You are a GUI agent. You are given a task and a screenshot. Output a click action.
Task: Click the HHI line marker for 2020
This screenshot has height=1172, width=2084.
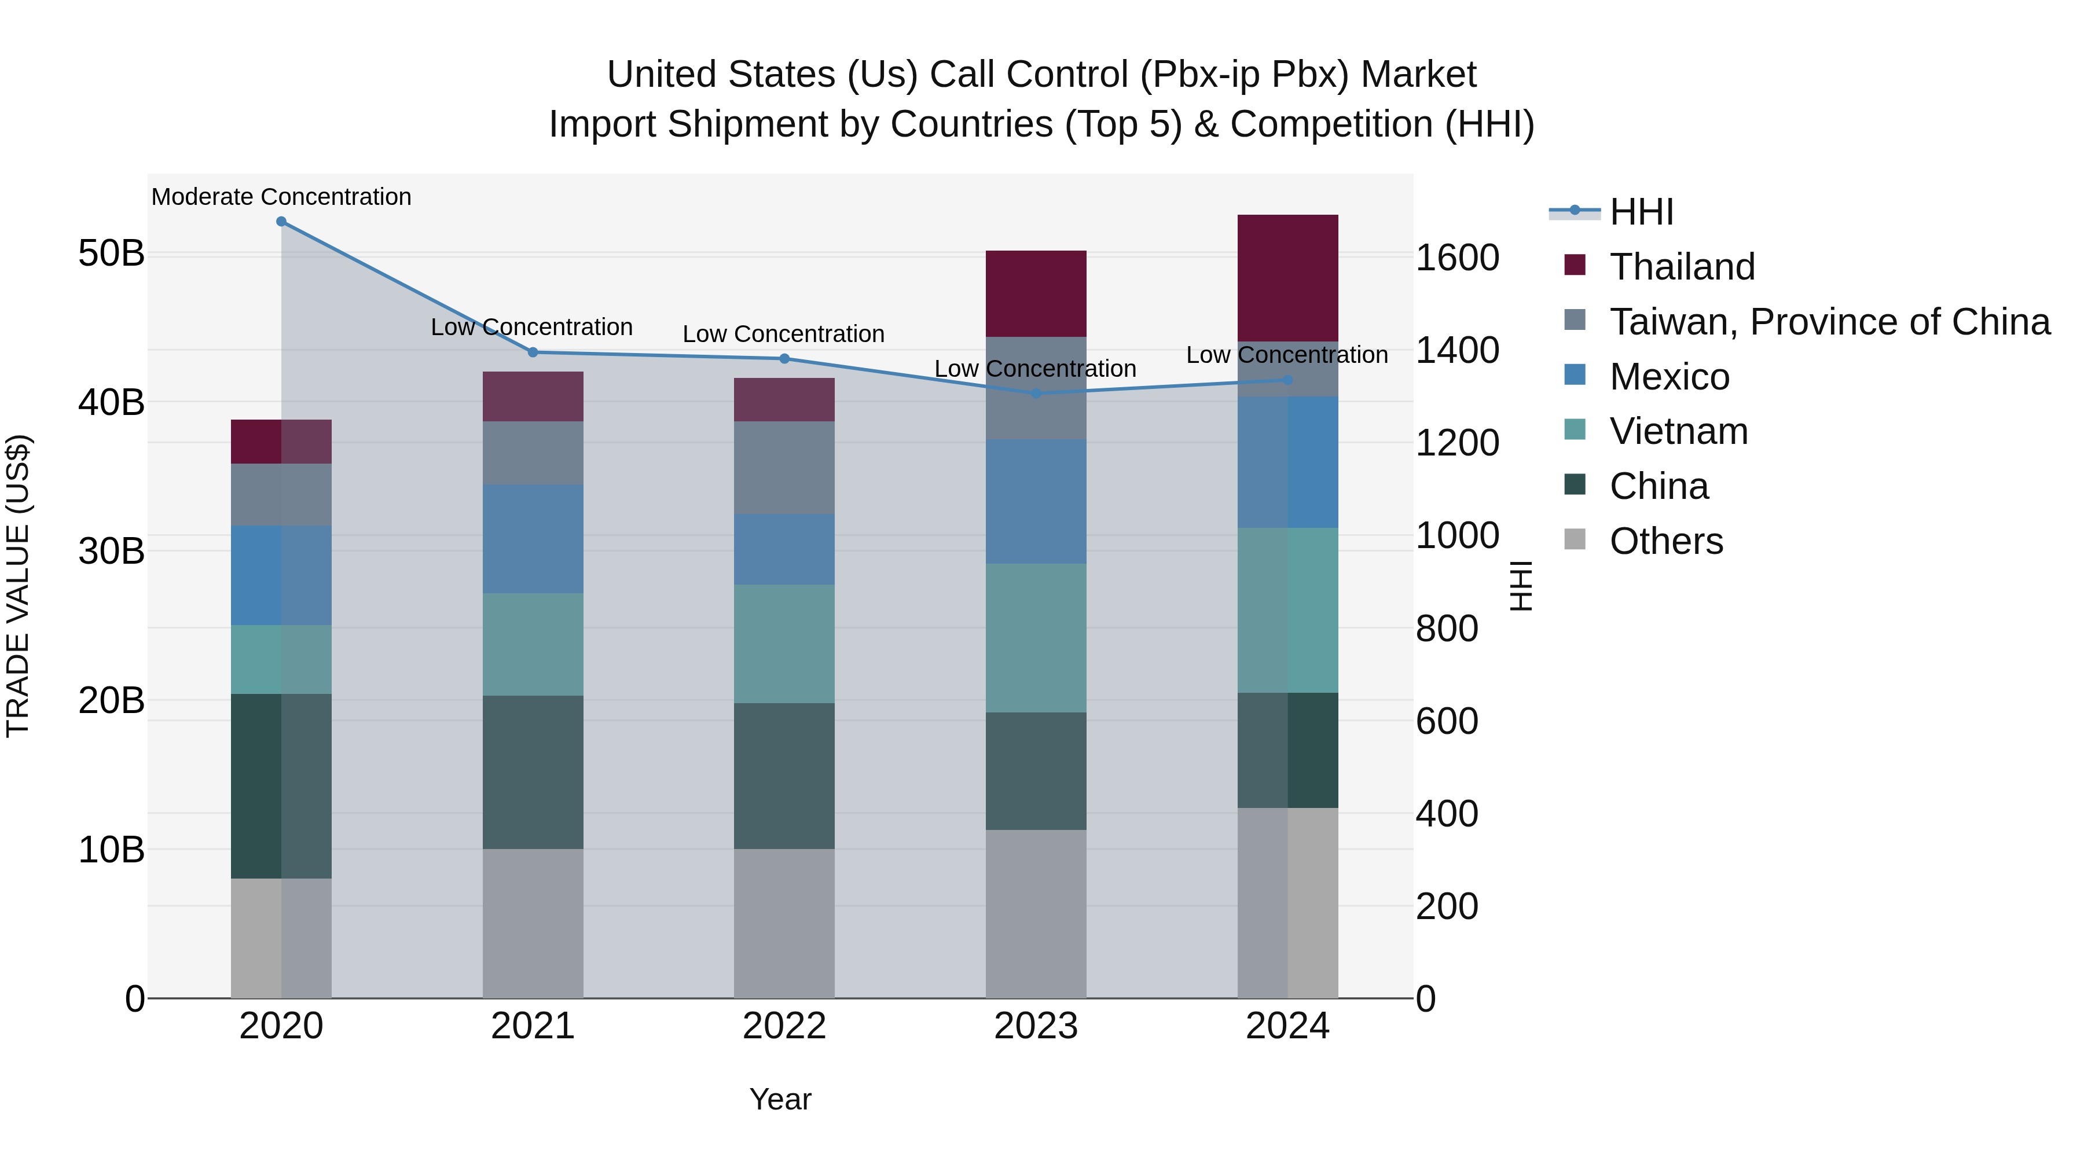[x=281, y=222]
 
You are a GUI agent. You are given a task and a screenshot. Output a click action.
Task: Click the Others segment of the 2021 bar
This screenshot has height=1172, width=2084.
[x=533, y=923]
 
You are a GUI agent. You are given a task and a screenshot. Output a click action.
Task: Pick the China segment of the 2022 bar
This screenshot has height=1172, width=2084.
[x=784, y=776]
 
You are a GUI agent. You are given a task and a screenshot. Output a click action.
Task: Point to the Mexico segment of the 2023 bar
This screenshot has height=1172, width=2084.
[x=1036, y=501]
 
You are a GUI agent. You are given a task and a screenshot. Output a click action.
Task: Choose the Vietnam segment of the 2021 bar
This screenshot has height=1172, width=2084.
[x=533, y=645]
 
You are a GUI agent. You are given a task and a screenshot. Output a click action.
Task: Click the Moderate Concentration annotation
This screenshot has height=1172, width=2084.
[x=281, y=197]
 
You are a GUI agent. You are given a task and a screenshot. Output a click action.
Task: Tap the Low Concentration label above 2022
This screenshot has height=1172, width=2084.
[x=783, y=334]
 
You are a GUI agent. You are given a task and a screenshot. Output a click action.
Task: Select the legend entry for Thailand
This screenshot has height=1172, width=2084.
[x=1682, y=267]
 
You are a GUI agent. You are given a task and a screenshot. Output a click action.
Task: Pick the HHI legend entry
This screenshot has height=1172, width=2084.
[x=1641, y=212]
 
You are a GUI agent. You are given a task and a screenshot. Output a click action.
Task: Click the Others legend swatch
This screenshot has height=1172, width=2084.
[x=1575, y=539]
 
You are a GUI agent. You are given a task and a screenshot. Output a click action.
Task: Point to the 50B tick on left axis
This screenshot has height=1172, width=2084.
[x=111, y=253]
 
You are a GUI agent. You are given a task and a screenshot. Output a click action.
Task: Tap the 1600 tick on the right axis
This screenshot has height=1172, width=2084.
[x=1457, y=258]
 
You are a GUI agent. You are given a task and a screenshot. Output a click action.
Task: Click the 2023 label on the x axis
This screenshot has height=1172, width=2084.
[x=1036, y=1026]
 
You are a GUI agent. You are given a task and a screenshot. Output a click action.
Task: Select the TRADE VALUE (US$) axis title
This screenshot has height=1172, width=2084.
[x=18, y=586]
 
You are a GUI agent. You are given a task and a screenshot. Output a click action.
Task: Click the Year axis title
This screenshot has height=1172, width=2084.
[x=780, y=1099]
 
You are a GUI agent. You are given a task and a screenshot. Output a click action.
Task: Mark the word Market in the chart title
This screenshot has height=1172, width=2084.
[x=1418, y=75]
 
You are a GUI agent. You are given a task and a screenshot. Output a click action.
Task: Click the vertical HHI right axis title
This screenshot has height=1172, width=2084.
[x=1521, y=586]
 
